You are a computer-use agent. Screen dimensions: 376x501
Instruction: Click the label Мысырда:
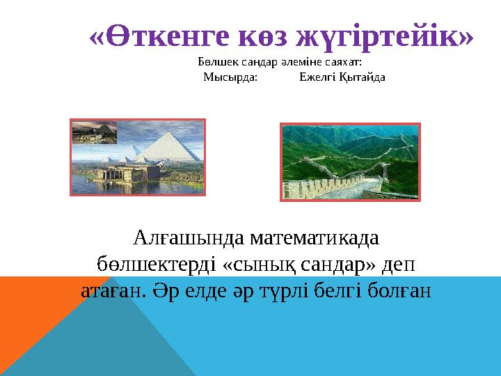click(x=230, y=77)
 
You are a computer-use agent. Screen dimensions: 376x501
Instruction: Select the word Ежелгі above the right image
click(x=317, y=77)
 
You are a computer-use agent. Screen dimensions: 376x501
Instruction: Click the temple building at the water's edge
click(x=125, y=171)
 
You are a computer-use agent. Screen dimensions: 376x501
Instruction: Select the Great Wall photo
click(x=350, y=162)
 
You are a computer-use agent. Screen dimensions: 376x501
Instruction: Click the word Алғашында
click(x=178, y=238)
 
